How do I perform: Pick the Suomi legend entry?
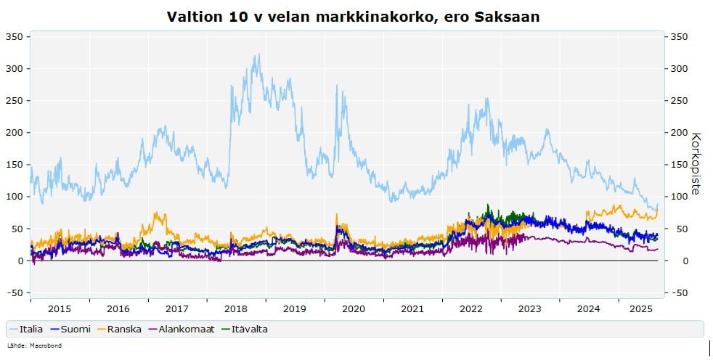tap(75, 330)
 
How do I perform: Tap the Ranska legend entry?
tap(123, 330)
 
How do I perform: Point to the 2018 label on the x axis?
tap(236, 308)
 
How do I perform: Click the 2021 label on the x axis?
tap(412, 308)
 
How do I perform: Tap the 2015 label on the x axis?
tap(60, 308)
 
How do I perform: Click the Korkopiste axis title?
tap(696, 163)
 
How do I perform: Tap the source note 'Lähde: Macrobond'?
tap(34, 345)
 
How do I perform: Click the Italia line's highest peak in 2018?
tap(258, 54)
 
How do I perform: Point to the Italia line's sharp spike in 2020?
tap(337, 86)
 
